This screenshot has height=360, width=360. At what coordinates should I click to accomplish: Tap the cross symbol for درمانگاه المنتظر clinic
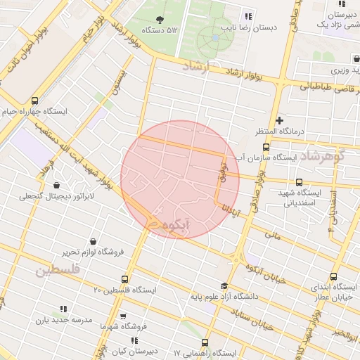click(x=280, y=120)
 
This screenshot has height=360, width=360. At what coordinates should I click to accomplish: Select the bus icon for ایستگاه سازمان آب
click(x=265, y=147)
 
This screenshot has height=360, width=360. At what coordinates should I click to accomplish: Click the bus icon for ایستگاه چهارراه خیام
click(x=35, y=100)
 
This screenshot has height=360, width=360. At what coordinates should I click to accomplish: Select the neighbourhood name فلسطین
click(x=56, y=270)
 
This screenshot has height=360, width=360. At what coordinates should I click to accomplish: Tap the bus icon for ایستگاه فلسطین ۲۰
click(x=125, y=279)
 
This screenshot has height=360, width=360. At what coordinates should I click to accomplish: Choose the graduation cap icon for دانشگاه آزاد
click(x=224, y=285)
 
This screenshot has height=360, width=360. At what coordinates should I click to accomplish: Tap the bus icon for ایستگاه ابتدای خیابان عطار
click(x=333, y=276)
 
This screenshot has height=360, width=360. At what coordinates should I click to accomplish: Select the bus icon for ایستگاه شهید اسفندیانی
click(x=300, y=181)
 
